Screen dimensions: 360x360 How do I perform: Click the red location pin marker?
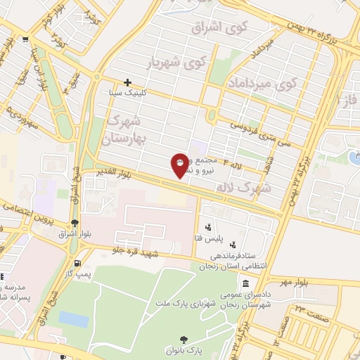point(180,165)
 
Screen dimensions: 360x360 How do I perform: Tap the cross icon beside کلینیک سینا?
point(127,82)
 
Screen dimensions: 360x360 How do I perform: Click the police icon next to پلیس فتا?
point(208,227)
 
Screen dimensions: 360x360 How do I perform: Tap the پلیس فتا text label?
point(227,228)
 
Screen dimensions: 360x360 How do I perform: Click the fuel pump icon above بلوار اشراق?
point(85,222)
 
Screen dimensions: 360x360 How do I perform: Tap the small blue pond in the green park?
point(73,319)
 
